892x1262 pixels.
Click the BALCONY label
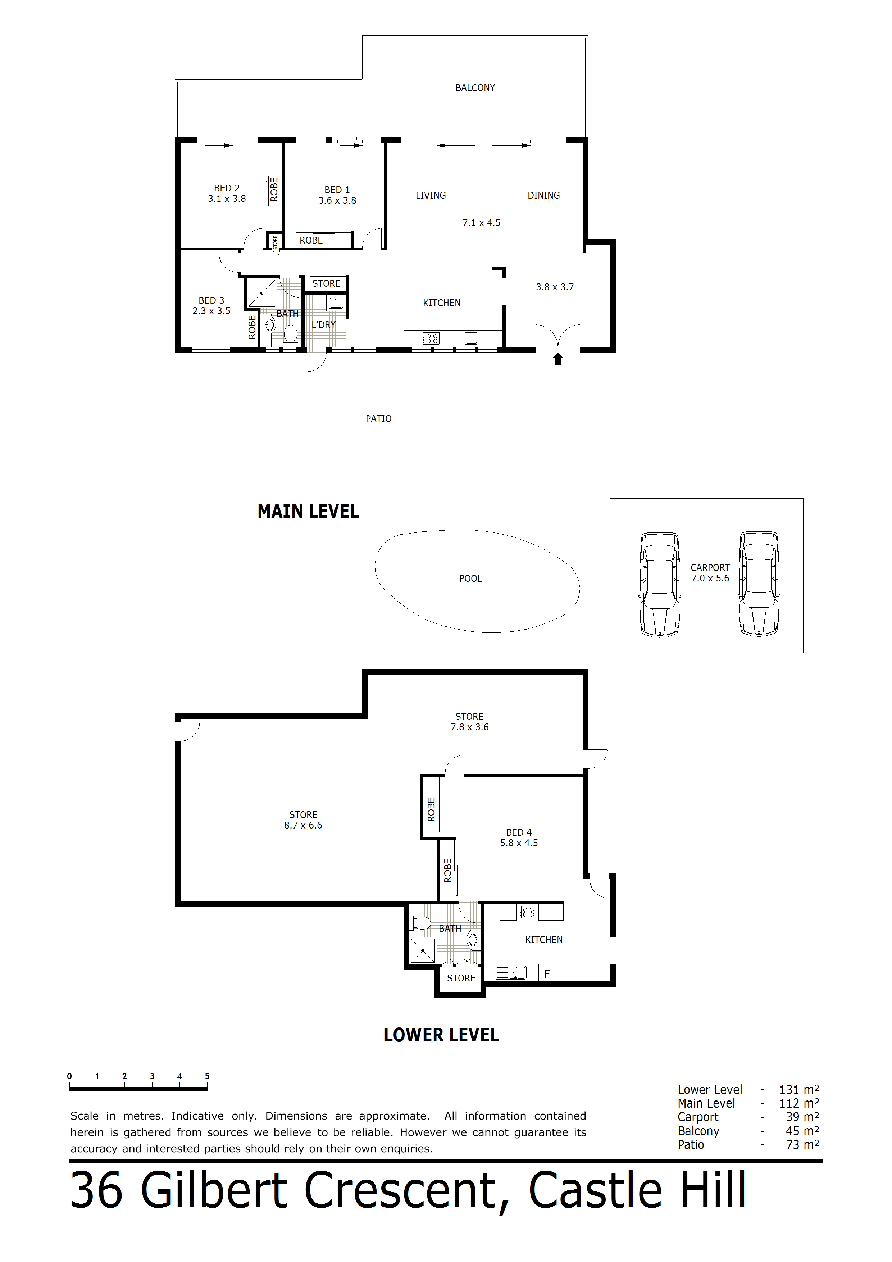475,88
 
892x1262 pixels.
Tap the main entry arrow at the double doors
558,359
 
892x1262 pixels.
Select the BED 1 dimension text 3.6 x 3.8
337,201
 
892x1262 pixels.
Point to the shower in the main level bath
261,293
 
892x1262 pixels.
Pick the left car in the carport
660,584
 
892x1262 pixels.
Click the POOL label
470,579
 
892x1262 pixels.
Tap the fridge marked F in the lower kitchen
547,973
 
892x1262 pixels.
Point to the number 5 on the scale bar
207,1076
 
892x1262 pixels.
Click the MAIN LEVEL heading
308,512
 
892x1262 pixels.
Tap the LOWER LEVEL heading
441,1036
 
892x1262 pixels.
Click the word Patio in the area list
691,1145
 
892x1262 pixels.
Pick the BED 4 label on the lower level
519,833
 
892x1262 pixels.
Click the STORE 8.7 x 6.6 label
303,820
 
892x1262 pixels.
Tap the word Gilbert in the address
214,1190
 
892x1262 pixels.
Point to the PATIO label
379,419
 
